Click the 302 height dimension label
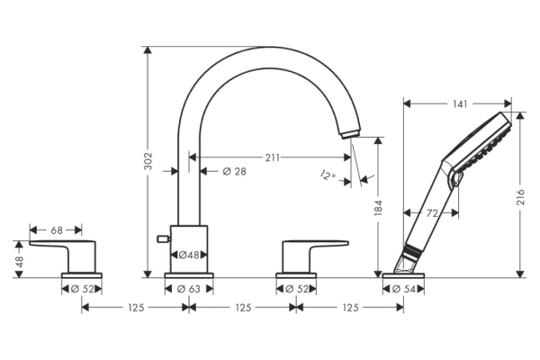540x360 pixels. [148, 161]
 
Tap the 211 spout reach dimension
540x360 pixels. [273, 157]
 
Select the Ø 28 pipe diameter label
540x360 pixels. [235, 171]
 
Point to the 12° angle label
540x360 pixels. [328, 175]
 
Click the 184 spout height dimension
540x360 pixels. [378, 208]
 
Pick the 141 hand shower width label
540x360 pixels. [460, 103]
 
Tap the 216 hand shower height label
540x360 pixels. [520, 197]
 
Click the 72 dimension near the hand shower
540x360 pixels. [431, 213]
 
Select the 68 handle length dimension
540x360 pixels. [57, 230]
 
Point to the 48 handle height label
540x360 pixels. [19, 261]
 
